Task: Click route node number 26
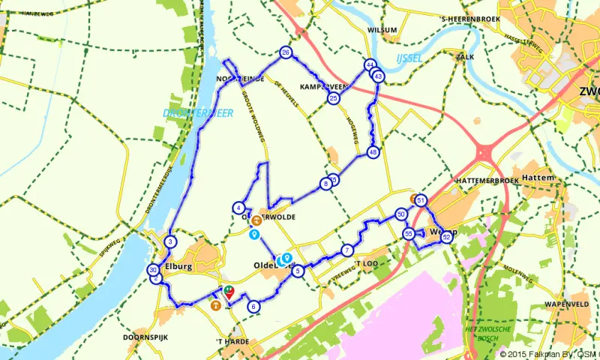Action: pos(286,52)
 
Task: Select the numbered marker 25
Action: pos(334,98)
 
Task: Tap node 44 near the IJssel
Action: pos(370,65)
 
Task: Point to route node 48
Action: pos(373,153)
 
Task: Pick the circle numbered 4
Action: pos(238,208)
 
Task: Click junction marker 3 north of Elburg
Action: pos(171,241)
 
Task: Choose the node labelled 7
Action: pos(346,250)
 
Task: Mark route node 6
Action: pos(253,306)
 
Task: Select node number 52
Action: pos(447,237)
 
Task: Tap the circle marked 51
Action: pos(421,201)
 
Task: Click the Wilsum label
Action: pos(382,30)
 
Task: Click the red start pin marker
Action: pos(229,292)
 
